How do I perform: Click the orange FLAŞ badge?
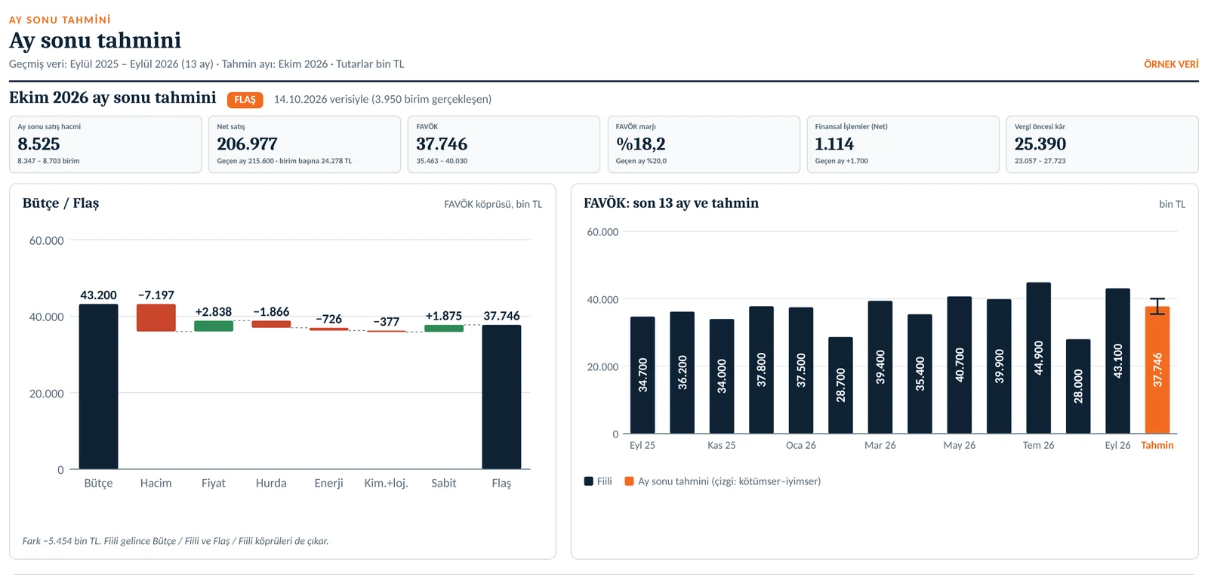tap(245, 100)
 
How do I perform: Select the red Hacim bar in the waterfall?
tap(156, 317)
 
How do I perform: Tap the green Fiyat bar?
tap(214, 326)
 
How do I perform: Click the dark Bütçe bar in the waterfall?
tap(98, 387)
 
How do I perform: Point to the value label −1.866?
tap(271, 311)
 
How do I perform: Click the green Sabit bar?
tap(444, 328)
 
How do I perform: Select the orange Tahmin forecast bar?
tap(1157, 369)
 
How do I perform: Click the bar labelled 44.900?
tap(1039, 358)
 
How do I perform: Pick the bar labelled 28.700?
tap(841, 385)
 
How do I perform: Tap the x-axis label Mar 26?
tap(880, 446)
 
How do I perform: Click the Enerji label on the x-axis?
tap(328, 484)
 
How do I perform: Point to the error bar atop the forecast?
tap(1157, 306)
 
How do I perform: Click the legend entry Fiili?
tap(598, 481)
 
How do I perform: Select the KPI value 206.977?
tap(247, 144)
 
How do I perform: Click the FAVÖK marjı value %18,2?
tap(641, 144)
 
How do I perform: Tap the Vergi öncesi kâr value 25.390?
tap(1040, 144)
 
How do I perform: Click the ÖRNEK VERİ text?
tap(1171, 64)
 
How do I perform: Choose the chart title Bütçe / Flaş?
tap(61, 203)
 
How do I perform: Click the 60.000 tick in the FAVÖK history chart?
tap(602, 232)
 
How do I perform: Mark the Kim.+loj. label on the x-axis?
tap(386, 484)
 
